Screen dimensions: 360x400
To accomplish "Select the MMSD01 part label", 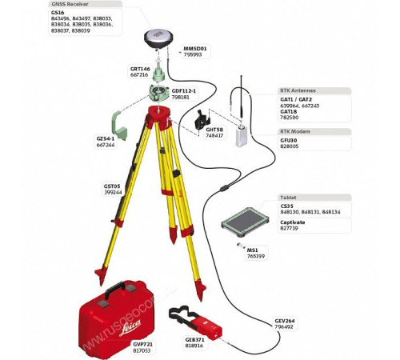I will tap(194, 49).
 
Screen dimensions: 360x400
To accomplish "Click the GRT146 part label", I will tap(140, 69).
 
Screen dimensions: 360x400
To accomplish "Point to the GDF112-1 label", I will tap(186, 90).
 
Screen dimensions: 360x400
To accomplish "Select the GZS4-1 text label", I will tap(105, 138).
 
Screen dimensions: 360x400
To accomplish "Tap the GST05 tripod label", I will tap(111, 186).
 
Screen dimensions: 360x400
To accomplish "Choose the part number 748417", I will tap(214, 136).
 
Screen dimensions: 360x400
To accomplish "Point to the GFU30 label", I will tap(288, 140).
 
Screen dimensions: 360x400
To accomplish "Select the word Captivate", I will tap(292, 222).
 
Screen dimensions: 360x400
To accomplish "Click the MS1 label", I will tap(252, 249).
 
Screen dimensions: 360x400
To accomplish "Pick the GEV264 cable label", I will tap(285, 321).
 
